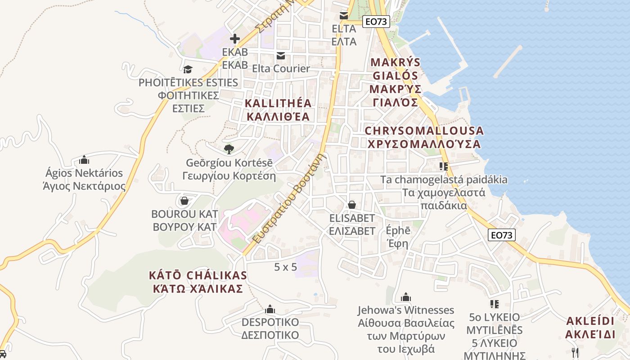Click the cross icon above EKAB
234,39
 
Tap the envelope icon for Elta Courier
281,55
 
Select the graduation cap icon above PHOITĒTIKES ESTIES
188,69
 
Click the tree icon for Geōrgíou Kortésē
229,148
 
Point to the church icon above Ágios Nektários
84,160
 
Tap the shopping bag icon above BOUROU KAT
184,200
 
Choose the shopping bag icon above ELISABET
352,205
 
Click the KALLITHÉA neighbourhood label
278,110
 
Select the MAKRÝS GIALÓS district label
395,82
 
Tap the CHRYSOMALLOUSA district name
424,137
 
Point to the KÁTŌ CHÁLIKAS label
198,282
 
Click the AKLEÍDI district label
590,328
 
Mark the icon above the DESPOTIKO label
270,309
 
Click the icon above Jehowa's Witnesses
406,297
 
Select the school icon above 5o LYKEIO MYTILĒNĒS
495,304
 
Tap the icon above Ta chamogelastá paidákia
444,166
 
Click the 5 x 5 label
286,267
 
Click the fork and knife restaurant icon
575,352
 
